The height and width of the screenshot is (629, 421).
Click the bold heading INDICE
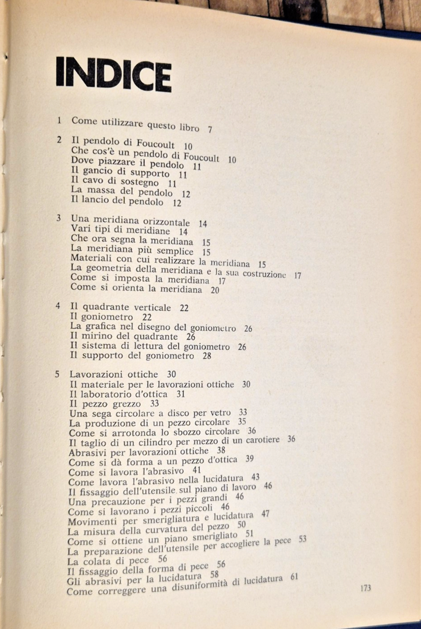[x=114, y=75]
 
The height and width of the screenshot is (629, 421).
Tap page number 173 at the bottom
[x=365, y=588]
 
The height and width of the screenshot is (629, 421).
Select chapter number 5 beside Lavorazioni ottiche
[x=57, y=374]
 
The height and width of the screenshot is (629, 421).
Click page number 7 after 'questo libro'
[x=210, y=130]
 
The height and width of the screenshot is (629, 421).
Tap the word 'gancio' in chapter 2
[x=95, y=172]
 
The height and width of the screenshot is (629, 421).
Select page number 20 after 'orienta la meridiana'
[x=215, y=290]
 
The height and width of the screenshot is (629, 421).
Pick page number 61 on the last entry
[x=294, y=577]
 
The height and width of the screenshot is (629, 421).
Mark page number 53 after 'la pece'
[x=302, y=539]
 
